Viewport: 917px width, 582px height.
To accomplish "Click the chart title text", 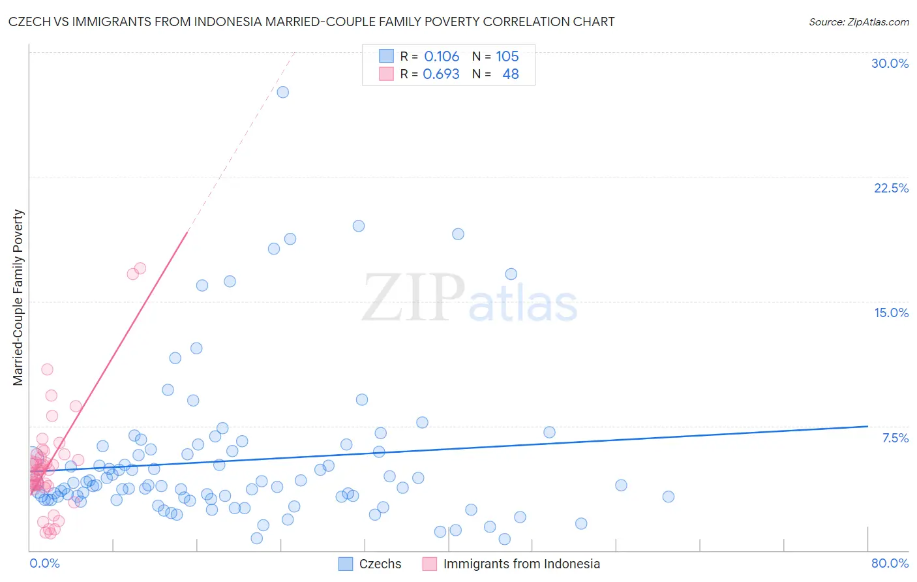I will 311,22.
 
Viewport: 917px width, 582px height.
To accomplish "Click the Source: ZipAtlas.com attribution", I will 858,22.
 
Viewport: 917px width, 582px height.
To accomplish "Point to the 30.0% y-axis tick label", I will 890,63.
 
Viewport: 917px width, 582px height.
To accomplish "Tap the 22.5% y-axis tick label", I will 891,188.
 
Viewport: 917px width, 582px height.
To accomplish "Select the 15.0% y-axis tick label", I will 891,313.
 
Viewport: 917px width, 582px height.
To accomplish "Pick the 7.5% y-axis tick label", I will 895,438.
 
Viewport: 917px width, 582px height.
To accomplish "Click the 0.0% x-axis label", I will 44,563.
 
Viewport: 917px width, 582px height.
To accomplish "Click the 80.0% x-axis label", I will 890,563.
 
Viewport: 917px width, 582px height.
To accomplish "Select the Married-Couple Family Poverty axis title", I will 18,298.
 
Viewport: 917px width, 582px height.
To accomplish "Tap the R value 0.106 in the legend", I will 442,57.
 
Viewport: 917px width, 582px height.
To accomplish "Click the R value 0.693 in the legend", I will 441,74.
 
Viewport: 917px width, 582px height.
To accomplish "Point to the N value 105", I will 507,57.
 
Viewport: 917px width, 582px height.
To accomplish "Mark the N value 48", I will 511,74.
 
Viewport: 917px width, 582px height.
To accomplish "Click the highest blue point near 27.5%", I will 282,92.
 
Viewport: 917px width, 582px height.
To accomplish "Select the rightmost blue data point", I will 668,497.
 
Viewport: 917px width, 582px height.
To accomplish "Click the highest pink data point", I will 140,268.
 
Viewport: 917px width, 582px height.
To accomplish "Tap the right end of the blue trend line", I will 867,426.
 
